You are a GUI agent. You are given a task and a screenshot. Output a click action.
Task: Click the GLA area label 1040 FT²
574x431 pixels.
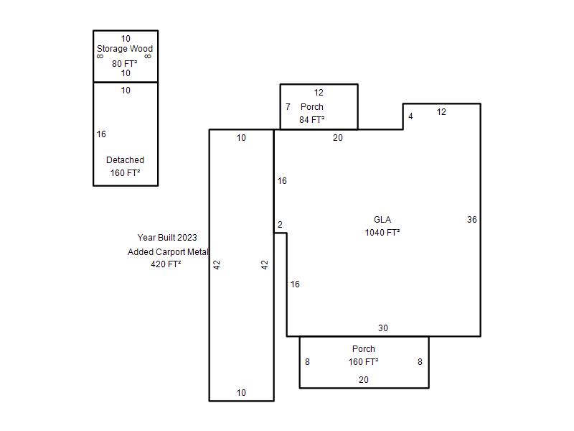(382, 233)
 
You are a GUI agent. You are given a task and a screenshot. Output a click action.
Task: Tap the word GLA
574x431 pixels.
(382, 220)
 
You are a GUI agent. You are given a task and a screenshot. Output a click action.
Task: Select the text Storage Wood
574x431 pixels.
(125, 49)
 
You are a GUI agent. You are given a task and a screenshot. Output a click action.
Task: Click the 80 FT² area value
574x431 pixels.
(124, 64)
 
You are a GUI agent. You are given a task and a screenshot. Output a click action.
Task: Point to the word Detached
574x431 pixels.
(125, 160)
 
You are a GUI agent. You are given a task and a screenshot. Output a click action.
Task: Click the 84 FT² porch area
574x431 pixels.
(311, 120)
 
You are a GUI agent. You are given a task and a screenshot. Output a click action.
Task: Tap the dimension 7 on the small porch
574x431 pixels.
(288, 106)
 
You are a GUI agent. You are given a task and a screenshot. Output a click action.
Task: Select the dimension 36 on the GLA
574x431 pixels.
(472, 220)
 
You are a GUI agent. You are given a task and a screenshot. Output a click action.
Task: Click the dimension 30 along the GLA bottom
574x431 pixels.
(383, 328)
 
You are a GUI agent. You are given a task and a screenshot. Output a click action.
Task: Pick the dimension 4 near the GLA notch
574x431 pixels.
(410, 116)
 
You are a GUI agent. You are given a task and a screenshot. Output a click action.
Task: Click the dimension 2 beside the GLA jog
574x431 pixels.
(280, 225)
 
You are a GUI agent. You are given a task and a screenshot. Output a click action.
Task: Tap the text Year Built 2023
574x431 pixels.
(167, 238)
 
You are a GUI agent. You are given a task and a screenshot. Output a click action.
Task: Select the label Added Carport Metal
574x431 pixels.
(168, 252)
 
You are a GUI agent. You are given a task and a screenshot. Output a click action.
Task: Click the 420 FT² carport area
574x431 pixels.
(166, 264)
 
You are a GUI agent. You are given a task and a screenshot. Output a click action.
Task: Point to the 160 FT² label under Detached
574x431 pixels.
(125, 173)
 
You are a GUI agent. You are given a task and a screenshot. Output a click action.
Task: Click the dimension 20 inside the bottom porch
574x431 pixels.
(364, 380)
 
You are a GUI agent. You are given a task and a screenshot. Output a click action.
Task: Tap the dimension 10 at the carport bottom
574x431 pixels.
(241, 393)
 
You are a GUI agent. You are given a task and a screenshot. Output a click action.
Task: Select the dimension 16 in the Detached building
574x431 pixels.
(101, 134)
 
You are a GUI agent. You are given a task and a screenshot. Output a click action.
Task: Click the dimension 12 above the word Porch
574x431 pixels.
(319, 93)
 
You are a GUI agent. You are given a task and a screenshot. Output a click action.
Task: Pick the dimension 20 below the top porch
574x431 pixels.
(338, 138)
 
